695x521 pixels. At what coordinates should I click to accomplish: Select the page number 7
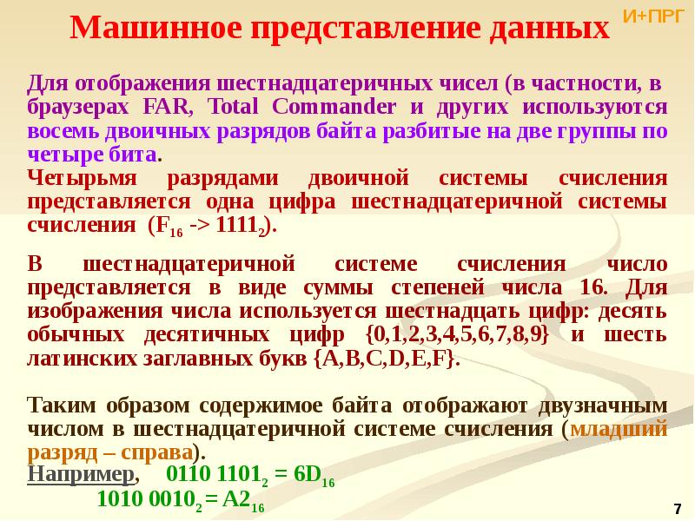(678, 507)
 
